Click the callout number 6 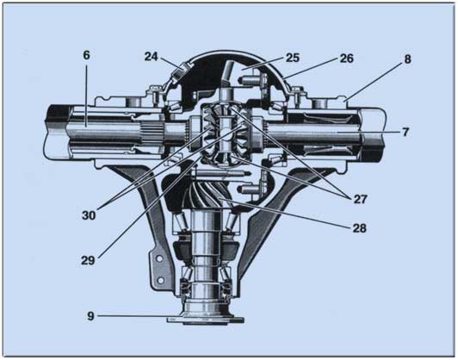click(86, 55)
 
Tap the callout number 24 click(152, 57)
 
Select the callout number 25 click(293, 58)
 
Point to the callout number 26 click(347, 59)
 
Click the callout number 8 click(407, 59)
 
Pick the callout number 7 click(405, 132)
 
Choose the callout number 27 click(360, 199)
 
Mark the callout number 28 click(359, 228)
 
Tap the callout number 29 click(88, 260)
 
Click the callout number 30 click(89, 215)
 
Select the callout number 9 click(91, 316)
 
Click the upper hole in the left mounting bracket click(159, 259)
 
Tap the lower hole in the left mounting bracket click(160, 280)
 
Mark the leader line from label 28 click(284, 213)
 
